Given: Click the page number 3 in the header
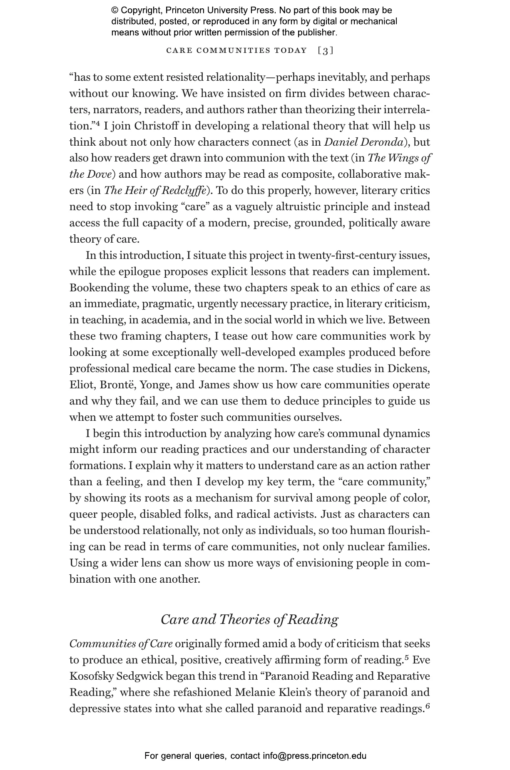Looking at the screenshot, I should (x=325, y=51).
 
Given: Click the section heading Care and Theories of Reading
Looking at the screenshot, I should (x=249, y=619).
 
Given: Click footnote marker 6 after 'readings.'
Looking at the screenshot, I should (x=427, y=706).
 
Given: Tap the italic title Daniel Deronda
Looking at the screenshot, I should (x=363, y=142).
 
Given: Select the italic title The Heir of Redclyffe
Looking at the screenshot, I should (x=155, y=191).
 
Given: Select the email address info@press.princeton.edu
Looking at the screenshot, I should (x=314, y=756).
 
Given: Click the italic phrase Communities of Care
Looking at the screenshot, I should (x=121, y=644).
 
